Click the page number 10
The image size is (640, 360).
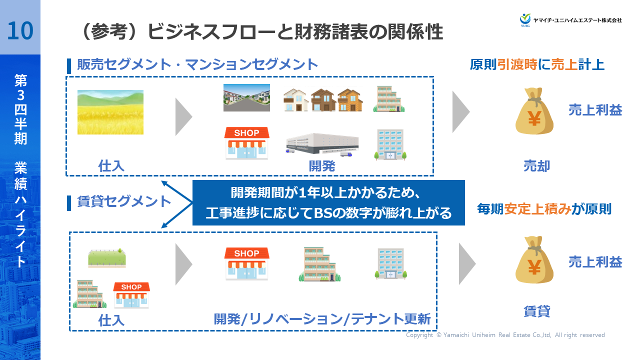(x=20, y=30)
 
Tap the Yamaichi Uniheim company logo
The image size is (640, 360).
(x=570, y=19)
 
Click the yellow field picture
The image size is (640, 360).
(x=110, y=112)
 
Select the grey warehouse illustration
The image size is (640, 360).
(x=322, y=144)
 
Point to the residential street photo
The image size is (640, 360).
(x=246, y=97)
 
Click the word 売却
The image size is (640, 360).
(x=536, y=166)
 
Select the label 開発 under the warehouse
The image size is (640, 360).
(x=321, y=166)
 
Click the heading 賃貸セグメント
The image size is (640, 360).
(x=124, y=202)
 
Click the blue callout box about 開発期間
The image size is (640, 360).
(x=328, y=202)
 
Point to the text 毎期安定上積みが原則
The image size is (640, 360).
(x=544, y=209)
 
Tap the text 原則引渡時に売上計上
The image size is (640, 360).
(x=537, y=65)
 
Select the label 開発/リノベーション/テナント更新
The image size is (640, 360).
(x=322, y=318)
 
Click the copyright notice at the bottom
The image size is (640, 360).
(x=505, y=335)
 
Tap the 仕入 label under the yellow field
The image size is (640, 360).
(x=111, y=166)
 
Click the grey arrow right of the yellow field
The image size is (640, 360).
(x=183, y=117)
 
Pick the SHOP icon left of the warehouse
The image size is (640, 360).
(x=246, y=143)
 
